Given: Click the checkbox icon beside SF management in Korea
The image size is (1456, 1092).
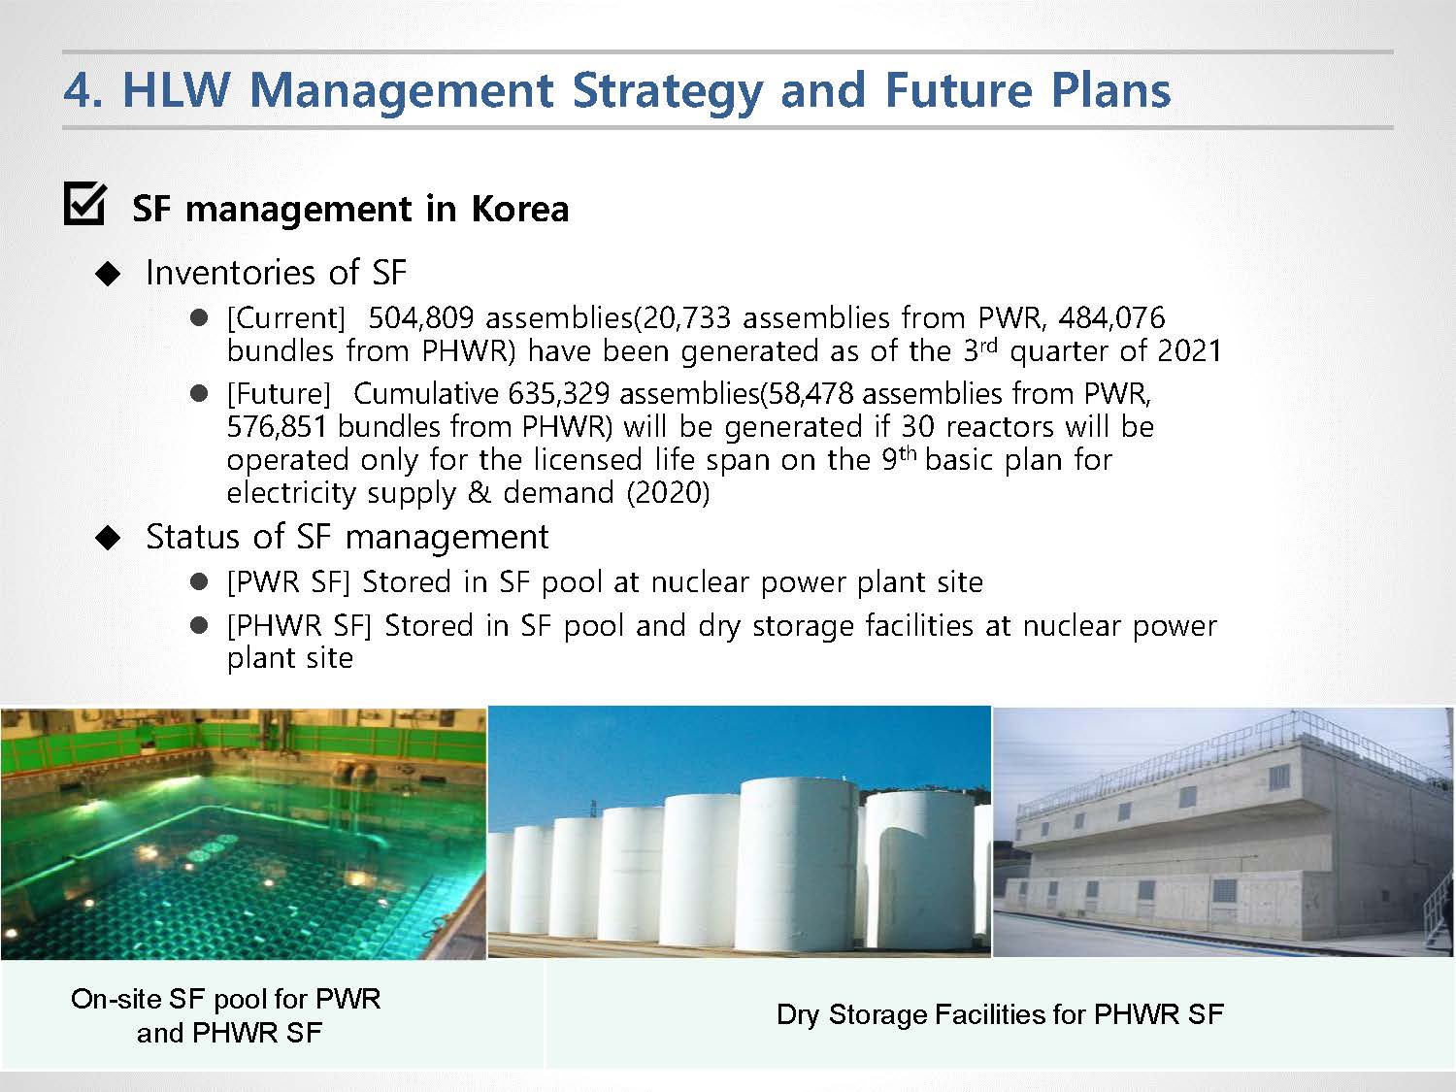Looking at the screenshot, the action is click(84, 204).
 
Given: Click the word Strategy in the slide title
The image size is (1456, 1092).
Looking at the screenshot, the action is click(667, 91).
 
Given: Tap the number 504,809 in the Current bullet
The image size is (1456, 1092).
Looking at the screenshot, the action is click(421, 318).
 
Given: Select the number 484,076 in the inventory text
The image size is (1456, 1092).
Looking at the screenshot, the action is click(1111, 318).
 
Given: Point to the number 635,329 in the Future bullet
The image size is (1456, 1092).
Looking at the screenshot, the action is click(558, 394).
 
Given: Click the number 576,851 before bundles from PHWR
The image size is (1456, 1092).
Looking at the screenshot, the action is click(277, 426).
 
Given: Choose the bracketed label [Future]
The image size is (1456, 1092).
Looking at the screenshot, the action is click(279, 394).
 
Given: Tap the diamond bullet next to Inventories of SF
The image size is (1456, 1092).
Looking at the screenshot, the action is click(108, 274).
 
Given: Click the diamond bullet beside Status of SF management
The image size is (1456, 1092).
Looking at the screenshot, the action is click(108, 538).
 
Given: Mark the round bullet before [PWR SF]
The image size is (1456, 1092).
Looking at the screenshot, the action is click(198, 582).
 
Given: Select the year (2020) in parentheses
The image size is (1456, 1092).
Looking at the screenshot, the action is click(668, 493).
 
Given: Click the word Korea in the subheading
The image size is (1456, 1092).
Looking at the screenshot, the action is click(520, 209).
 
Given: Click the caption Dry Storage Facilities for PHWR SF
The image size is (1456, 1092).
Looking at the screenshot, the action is click(1000, 1015).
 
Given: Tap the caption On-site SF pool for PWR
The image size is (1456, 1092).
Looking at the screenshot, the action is click(225, 999).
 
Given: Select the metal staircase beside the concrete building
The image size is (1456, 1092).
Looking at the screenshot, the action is click(1439, 895).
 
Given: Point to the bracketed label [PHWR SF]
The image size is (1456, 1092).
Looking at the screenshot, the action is click(300, 626).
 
